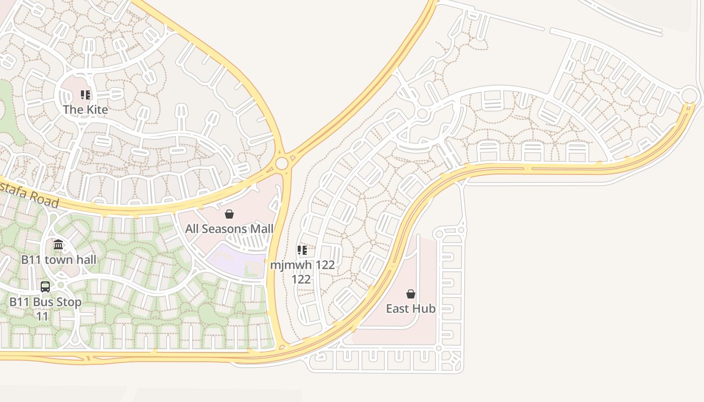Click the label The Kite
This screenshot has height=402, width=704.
coord(85,109)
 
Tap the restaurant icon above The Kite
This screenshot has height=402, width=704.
coord(85,94)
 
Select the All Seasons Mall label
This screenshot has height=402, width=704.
coord(229,229)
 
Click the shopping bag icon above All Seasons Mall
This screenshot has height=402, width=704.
coord(229,215)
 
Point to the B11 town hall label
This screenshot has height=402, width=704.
coord(58,260)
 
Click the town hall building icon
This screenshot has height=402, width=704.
coord(58,245)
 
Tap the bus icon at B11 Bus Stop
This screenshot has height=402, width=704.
coord(45,287)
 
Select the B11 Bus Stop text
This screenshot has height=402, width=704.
coord(45,303)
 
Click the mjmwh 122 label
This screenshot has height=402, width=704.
coord(302,265)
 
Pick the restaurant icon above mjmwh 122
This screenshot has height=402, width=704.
coord(302,250)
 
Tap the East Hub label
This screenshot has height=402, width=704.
coord(410,309)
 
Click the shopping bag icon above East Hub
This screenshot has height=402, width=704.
coord(411,294)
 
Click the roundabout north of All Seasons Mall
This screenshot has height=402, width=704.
coord(282,163)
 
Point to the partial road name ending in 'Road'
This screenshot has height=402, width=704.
coord(30,195)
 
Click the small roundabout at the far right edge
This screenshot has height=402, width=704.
coord(689,94)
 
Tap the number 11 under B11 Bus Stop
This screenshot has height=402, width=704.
coord(42,317)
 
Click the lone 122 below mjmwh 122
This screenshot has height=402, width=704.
coord(301,279)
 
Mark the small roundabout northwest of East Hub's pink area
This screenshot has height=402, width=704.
coord(439,234)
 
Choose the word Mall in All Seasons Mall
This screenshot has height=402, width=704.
coord(261,229)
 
